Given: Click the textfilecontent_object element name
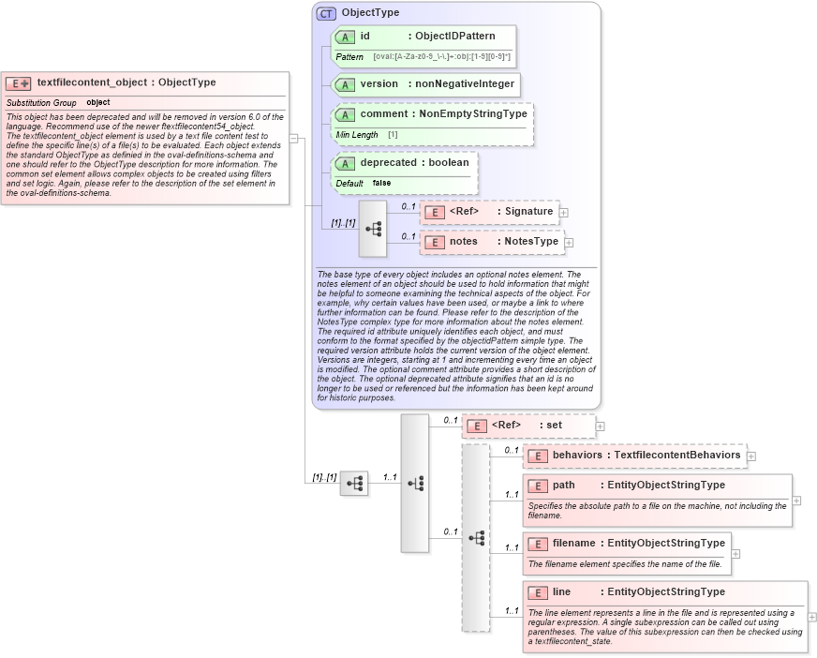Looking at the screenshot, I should click(x=91, y=82).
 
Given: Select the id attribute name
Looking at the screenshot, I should click(x=365, y=37).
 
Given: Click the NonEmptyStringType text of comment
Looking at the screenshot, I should click(x=473, y=113).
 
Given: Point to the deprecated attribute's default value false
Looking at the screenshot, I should click(x=381, y=183).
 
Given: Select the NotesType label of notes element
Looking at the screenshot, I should click(x=531, y=241).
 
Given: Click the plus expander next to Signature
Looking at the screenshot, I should click(x=563, y=213).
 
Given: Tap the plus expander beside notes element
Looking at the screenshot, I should click(x=569, y=243).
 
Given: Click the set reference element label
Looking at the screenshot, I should click(x=554, y=425).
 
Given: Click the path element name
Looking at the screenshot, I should click(x=564, y=485).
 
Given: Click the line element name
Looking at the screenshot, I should click(x=562, y=591).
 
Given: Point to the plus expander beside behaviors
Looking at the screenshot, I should click(x=750, y=456).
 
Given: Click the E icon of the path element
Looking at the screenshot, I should click(x=538, y=486).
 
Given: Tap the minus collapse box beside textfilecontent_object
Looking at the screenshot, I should click(x=293, y=139).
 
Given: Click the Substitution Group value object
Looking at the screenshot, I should click(x=98, y=102).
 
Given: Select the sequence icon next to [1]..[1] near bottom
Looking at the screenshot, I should click(x=354, y=484).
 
